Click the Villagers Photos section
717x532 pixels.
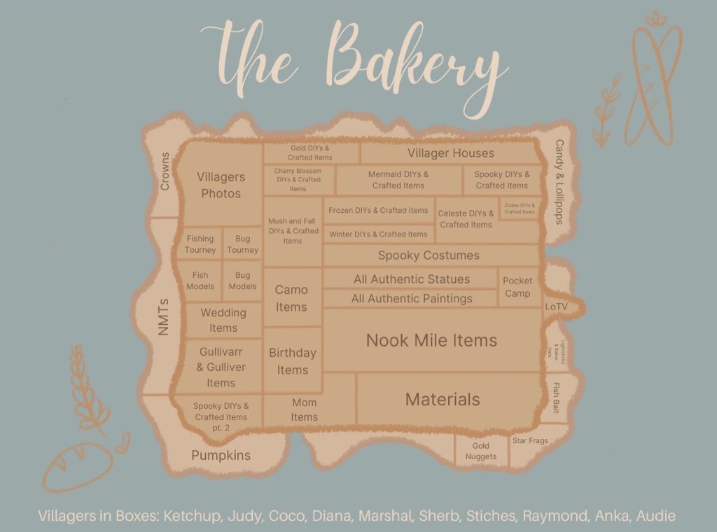click(221, 185)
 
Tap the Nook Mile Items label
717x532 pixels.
click(431, 341)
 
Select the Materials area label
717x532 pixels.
click(443, 400)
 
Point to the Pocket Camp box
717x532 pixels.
click(517, 287)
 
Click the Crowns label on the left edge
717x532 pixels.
click(165, 171)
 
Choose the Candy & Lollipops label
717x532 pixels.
click(559, 182)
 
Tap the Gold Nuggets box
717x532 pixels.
click(480, 451)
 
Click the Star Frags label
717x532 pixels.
click(530, 441)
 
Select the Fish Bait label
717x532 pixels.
click(556, 397)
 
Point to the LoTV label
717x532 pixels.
click(557, 307)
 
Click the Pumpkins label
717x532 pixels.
click(221, 456)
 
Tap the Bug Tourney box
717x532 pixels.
click(243, 244)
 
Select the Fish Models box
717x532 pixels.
click(200, 281)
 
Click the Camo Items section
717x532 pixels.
click(291, 298)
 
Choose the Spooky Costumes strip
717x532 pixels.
click(429, 255)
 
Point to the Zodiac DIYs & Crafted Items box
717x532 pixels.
click(520, 209)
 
